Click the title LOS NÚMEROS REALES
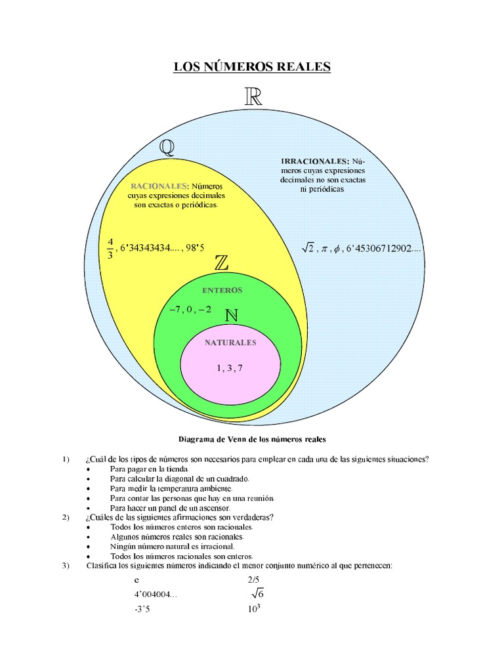252,67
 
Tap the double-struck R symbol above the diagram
253,98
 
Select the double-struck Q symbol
167,148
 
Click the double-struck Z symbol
222,263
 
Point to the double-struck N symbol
230,316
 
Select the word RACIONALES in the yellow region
159,186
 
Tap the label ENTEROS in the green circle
222,290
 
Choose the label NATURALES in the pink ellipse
230,343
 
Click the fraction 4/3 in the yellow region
110,249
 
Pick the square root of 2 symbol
308,248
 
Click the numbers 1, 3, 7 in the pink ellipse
230,368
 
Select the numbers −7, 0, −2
190,309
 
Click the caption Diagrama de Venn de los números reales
252,438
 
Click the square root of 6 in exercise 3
257,594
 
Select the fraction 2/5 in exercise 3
254,580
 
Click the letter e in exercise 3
136,580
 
